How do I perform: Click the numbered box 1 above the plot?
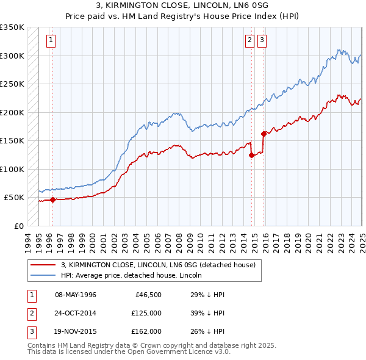click(x=50, y=41)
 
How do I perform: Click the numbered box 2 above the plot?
click(x=250, y=41)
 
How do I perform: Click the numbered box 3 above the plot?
click(x=262, y=41)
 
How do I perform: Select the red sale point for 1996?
click(x=52, y=200)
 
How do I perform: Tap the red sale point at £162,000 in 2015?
click(x=264, y=134)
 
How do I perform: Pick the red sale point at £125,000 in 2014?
click(x=252, y=155)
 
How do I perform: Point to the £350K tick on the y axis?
click(x=12, y=27)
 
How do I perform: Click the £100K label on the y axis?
click(x=12, y=169)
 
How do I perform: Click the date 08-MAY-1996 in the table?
click(x=76, y=295)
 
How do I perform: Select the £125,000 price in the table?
click(x=146, y=313)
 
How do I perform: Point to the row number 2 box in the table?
click(x=32, y=313)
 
